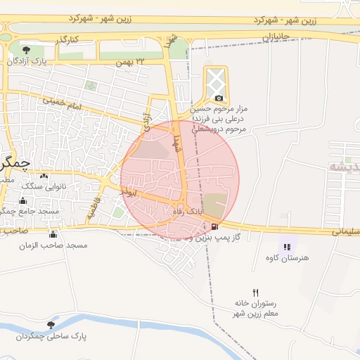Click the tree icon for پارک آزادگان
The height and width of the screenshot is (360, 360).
26,50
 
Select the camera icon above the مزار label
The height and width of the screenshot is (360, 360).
219,98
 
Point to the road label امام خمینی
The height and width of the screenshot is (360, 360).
63,103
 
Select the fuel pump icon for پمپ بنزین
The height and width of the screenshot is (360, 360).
214,226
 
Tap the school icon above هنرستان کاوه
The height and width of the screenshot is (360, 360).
285,246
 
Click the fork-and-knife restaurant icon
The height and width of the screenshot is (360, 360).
256,292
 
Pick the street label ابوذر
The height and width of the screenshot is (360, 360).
125,191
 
